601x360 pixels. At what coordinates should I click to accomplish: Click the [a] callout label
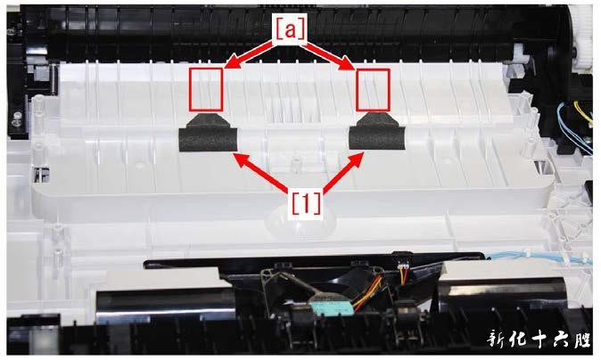290,29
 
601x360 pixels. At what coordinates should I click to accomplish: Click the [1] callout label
306,203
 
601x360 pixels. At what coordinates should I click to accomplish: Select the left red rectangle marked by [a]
206,90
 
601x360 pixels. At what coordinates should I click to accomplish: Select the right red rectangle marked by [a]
373,90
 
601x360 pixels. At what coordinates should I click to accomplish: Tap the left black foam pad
208,134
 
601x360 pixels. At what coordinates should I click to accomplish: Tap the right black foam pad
377,132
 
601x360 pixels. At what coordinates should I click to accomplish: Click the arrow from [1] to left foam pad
260,172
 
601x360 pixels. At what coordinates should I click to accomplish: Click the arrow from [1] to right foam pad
343,171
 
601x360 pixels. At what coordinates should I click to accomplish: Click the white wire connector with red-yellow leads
401,266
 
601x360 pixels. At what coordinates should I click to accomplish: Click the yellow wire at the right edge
582,113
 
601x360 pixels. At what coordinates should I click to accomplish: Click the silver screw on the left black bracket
16,119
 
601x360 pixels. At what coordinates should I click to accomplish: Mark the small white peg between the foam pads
294,164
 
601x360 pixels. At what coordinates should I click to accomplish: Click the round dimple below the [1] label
301,221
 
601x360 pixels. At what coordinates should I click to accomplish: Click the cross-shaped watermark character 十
543,339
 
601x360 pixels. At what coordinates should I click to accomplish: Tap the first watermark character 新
498,339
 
